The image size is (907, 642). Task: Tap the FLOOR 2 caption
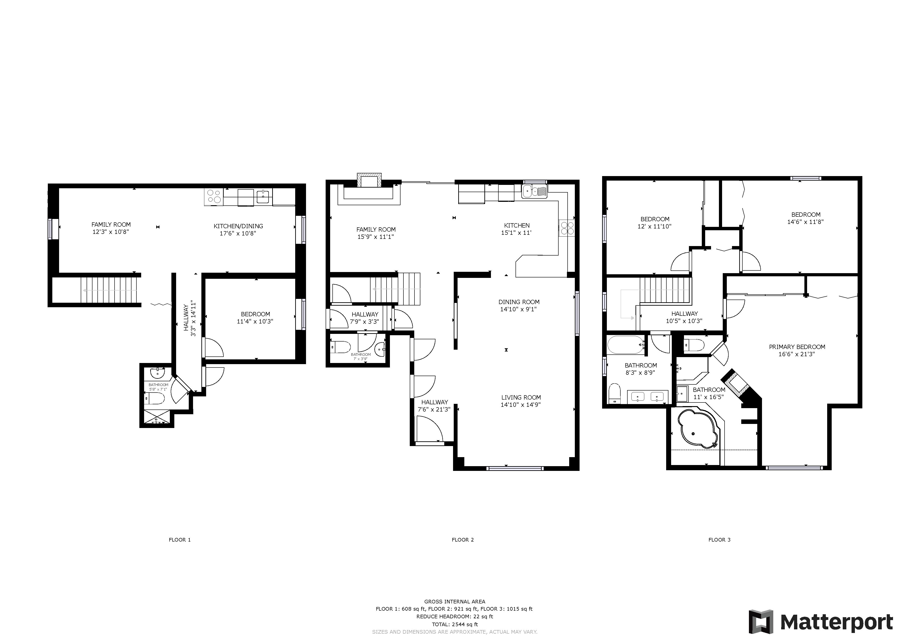tap(463, 540)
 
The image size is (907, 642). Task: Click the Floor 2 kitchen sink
tap(534, 191)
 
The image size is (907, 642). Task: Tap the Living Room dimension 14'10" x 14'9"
tap(521, 405)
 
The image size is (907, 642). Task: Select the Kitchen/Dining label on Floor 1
tap(238, 226)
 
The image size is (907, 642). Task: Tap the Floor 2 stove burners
tap(567, 228)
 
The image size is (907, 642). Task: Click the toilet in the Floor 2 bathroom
tap(341, 347)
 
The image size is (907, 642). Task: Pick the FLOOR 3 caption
tap(719, 540)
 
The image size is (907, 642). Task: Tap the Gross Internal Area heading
tap(455, 602)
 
